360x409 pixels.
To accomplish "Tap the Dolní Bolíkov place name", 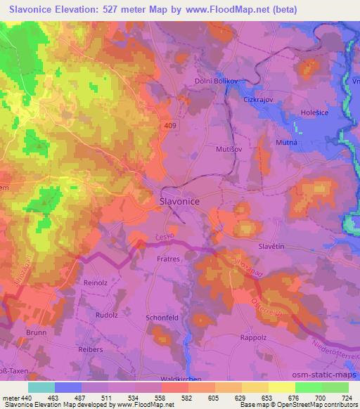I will (x=215, y=82).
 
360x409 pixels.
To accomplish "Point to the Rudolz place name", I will (x=107, y=315).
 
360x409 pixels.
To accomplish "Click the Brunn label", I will (x=34, y=332).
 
